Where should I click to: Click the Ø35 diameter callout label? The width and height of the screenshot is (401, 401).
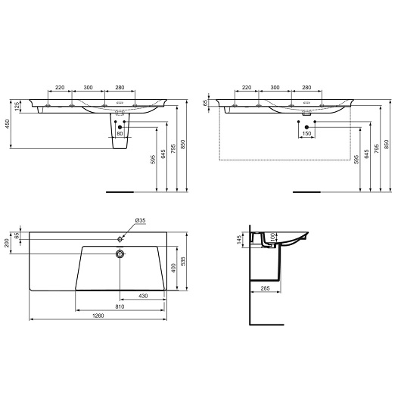140,220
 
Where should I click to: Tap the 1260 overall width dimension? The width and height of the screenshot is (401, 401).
98,316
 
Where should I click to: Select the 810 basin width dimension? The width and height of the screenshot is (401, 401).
120,306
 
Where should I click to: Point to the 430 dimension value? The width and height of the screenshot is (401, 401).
143,296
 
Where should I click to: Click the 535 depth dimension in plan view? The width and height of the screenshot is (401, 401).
182,261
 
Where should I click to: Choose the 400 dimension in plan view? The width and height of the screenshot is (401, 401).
174,268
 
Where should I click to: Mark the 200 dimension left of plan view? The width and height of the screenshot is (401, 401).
7,243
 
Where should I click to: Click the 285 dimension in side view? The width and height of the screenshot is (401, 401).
266,288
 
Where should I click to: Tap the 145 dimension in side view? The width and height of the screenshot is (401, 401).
239,240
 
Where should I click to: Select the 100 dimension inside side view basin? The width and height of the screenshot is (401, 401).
272,237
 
